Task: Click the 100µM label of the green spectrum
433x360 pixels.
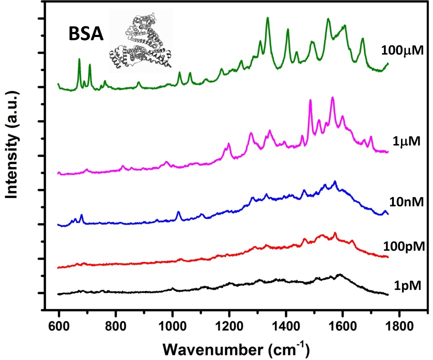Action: point(402,50)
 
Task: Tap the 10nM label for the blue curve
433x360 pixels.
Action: point(406,202)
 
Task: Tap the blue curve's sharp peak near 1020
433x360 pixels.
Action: point(178,212)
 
